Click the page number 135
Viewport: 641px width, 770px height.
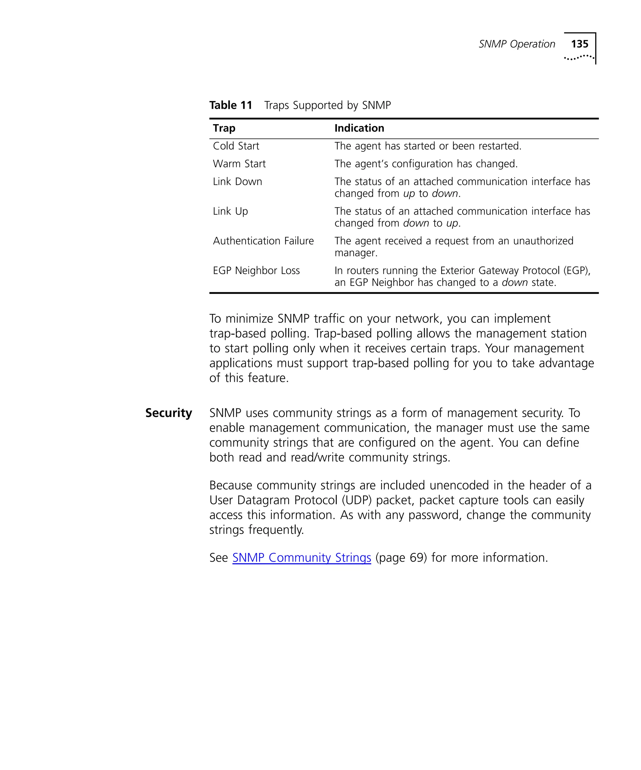[x=579, y=44]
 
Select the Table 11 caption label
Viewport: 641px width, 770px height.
[x=230, y=105]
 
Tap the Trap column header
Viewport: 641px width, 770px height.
[x=224, y=128]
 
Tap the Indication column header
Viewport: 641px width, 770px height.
[x=359, y=128]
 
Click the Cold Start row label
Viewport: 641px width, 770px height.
[x=236, y=146]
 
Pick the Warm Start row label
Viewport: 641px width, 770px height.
[x=239, y=164]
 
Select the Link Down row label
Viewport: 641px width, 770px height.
[x=237, y=181]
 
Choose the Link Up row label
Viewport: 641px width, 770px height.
[x=230, y=211]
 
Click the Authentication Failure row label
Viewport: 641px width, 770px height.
[x=263, y=241]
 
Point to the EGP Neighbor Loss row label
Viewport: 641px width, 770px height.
[x=256, y=271]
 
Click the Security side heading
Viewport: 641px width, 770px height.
[x=168, y=413]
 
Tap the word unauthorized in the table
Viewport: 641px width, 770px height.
[x=543, y=241]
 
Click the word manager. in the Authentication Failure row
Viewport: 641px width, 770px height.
[x=356, y=253]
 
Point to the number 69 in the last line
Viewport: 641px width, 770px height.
[x=417, y=558]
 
